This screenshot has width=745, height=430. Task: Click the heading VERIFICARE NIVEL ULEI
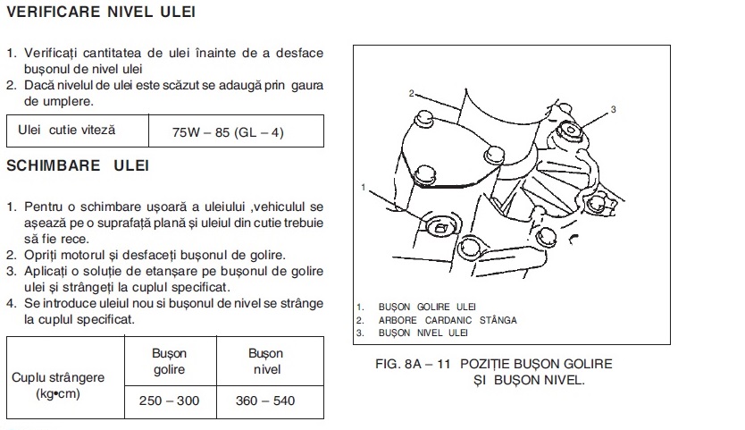coord(101,12)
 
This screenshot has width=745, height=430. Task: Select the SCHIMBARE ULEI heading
coord(78,165)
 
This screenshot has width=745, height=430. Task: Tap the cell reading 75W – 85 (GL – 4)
coord(228,131)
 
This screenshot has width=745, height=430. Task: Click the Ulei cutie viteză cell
coord(66,130)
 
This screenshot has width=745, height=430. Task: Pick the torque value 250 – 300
coord(169,400)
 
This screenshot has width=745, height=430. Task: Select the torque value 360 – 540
coord(265,400)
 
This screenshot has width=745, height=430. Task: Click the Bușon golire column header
coord(169,361)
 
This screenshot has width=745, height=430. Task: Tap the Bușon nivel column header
coord(265,361)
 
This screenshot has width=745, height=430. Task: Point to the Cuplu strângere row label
coord(58,385)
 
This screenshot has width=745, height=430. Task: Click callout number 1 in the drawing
coord(364,188)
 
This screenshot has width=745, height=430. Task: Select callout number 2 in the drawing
coord(412,94)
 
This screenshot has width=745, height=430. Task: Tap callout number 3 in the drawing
coord(614,109)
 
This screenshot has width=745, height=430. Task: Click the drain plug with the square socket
coord(439,228)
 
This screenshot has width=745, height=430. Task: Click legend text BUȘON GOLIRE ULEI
coord(427,308)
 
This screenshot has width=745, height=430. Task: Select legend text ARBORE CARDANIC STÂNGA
coord(448,320)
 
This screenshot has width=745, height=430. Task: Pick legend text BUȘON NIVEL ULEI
coord(423,333)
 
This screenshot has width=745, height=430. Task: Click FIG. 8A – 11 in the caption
coord(413,365)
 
